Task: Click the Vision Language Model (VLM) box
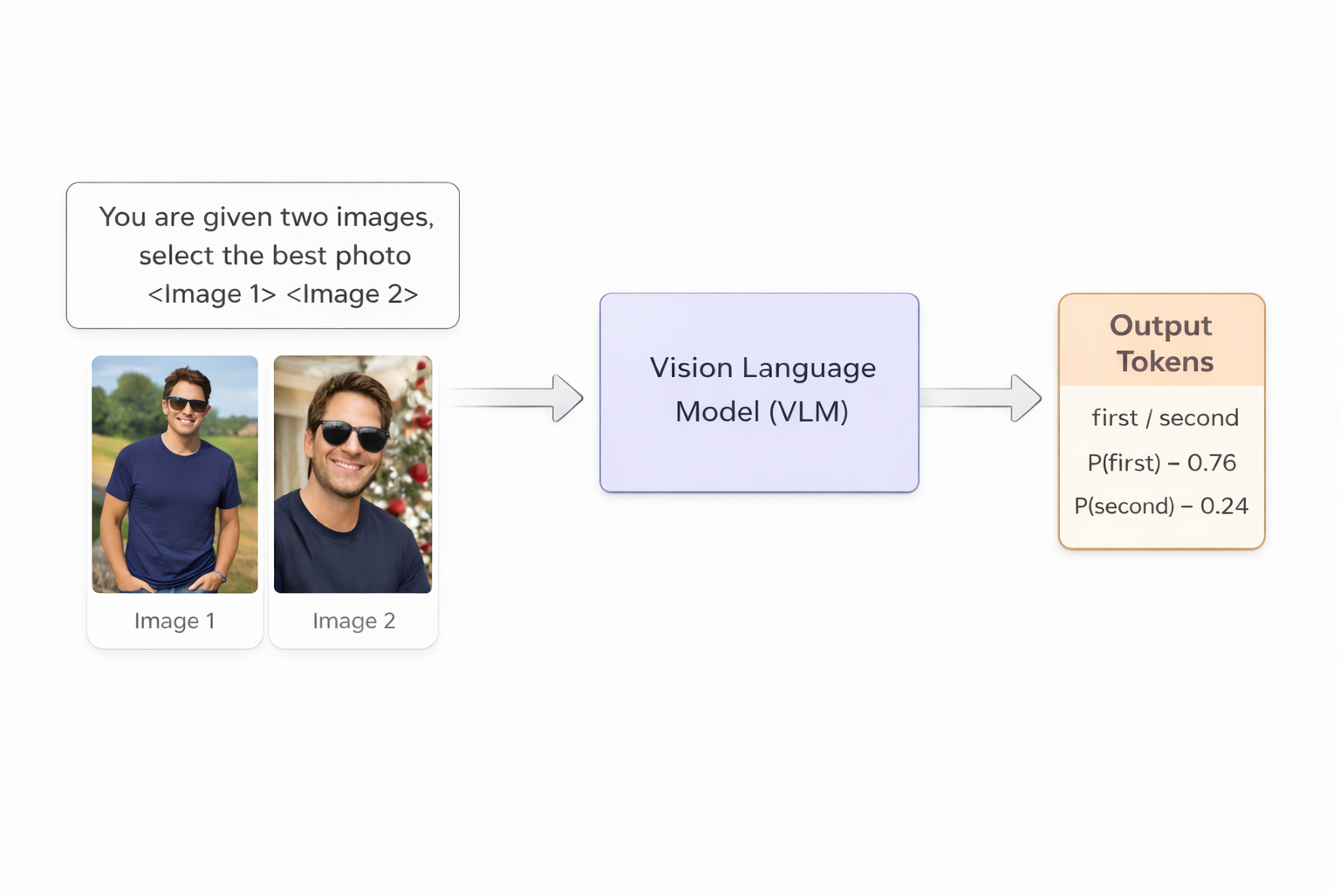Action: click(759, 392)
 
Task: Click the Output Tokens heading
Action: click(1161, 343)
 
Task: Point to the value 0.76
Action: click(1212, 463)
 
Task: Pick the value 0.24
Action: click(1224, 506)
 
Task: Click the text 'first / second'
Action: click(1165, 418)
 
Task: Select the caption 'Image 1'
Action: click(174, 621)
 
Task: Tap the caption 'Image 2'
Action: click(354, 621)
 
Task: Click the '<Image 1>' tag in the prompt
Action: click(212, 294)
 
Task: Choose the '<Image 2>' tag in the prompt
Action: click(352, 294)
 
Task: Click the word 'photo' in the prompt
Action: click(373, 256)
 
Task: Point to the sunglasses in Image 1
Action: click(187, 404)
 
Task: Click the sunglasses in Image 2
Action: click(354, 435)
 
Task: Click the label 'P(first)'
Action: click(1124, 463)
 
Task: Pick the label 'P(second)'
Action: click(1124, 506)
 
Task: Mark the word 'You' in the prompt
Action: click(122, 217)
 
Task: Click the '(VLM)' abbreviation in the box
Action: click(807, 411)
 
